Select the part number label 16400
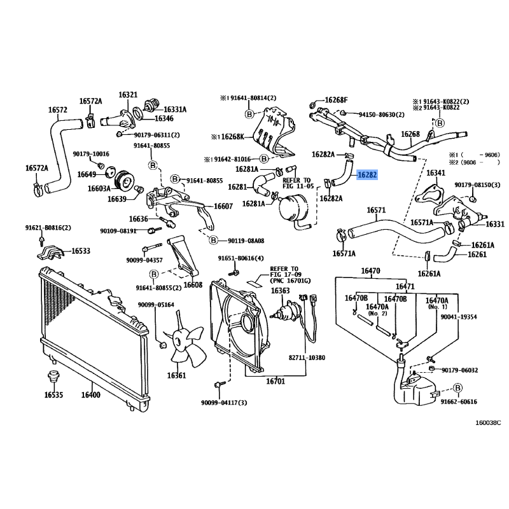coord(91,395)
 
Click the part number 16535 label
coord(54,395)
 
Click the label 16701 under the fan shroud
coord(275,382)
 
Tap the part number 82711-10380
coord(306,358)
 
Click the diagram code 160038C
coord(488,422)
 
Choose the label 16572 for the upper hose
coord(58,109)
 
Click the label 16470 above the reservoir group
coord(370,272)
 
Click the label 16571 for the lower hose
coord(376,210)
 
